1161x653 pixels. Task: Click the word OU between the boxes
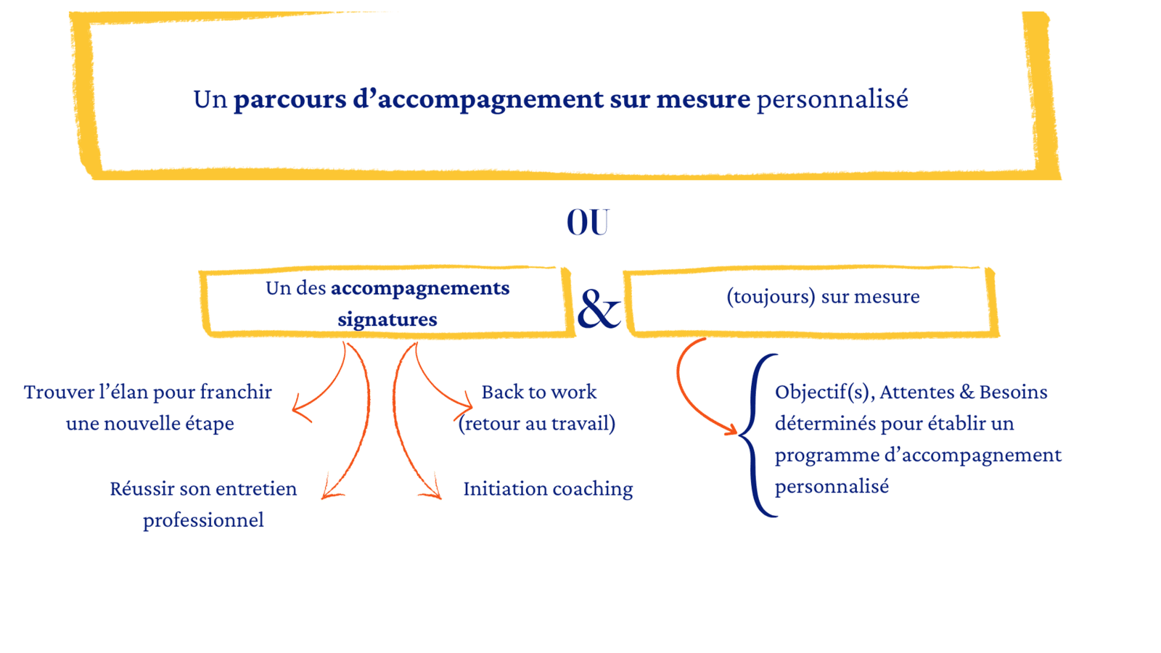click(588, 222)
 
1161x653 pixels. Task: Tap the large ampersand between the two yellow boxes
click(599, 309)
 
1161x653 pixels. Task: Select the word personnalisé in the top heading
click(832, 99)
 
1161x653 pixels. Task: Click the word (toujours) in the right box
click(771, 297)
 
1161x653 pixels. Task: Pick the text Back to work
click(539, 393)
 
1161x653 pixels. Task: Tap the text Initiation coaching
click(548, 489)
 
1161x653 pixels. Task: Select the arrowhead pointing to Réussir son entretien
click(330, 490)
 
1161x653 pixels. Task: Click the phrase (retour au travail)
click(537, 424)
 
